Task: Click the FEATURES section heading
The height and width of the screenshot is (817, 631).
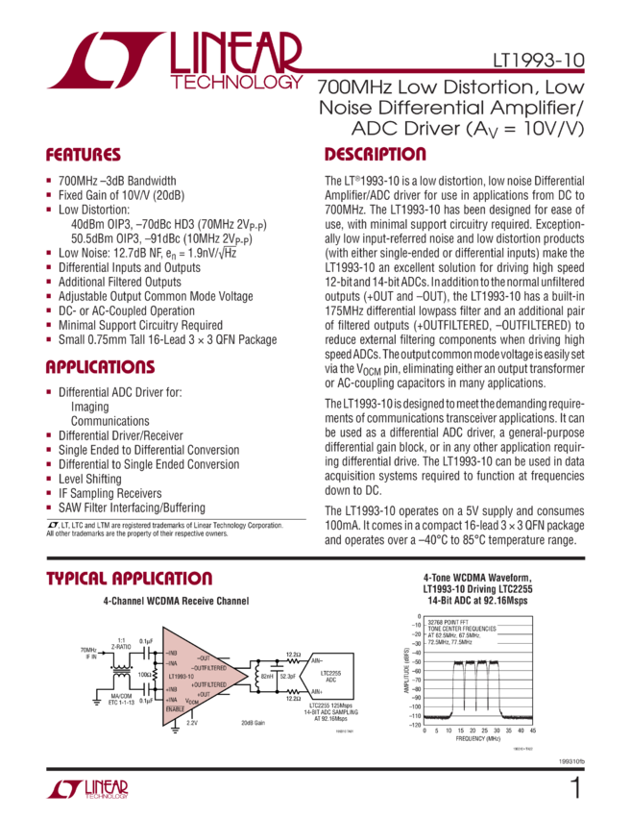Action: click(x=84, y=155)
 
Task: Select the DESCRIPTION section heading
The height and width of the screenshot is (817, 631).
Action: click(x=375, y=155)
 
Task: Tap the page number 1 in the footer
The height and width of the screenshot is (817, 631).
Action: click(x=575, y=788)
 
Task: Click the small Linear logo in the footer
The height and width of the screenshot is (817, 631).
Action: click(x=87, y=789)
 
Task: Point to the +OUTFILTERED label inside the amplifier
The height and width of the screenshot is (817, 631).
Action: click(x=210, y=684)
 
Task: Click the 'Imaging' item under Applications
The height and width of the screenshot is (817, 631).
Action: click(x=90, y=407)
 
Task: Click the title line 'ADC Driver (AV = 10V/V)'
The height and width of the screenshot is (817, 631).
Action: click(x=458, y=129)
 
